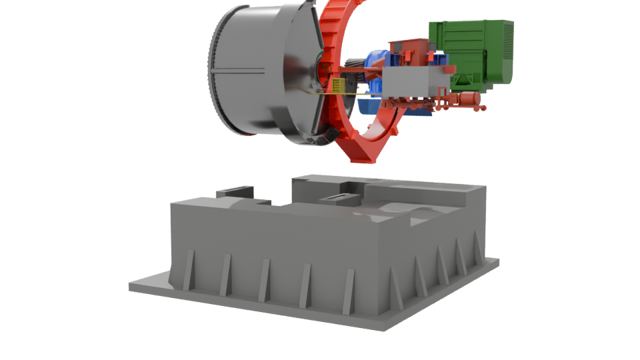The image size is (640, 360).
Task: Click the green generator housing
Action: click(467, 50)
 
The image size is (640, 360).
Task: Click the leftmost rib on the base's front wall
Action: click(189, 269)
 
